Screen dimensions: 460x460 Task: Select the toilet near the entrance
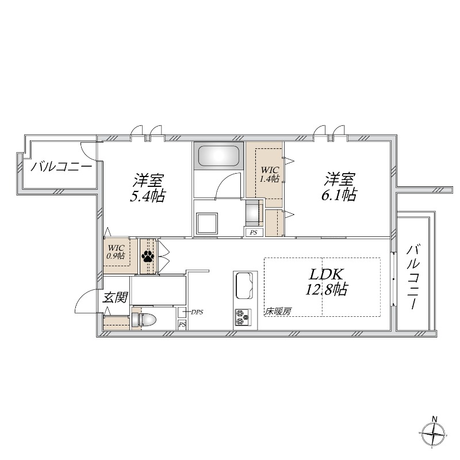click(146, 320)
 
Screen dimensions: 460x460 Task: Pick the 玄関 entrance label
click(115, 297)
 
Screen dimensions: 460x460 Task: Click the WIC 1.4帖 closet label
click(269, 174)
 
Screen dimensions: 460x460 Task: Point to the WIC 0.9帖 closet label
click(117, 252)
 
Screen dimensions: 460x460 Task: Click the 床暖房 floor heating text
click(278, 312)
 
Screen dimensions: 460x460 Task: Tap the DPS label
click(197, 312)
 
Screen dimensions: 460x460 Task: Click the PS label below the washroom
click(253, 232)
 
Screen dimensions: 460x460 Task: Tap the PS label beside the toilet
click(182, 325)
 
